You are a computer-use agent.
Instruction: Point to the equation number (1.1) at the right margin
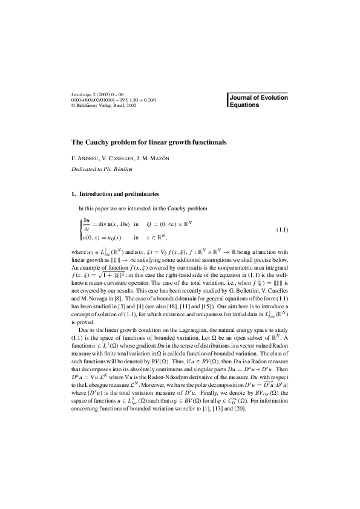point(282,230)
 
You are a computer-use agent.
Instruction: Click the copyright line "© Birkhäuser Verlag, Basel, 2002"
point(103,105)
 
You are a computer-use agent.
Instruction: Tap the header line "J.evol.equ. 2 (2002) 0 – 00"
point(97,94)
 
